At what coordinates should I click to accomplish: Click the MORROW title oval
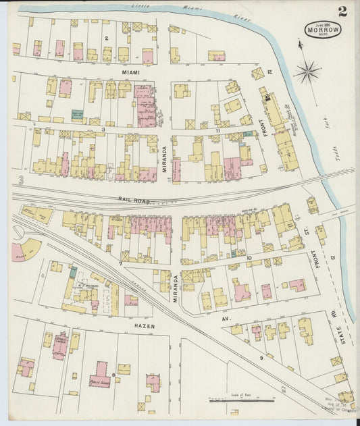click(322, 29)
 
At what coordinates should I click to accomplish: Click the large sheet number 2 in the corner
click(343, 11)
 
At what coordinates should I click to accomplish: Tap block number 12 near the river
click(269, 72)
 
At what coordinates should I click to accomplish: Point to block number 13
click(333, 258)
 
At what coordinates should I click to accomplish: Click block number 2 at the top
click(107, 38)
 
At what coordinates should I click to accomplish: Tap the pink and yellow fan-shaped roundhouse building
click(26, 251)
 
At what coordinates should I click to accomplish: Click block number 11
click(217, 129)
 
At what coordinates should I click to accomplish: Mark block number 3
click(103, 128)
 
